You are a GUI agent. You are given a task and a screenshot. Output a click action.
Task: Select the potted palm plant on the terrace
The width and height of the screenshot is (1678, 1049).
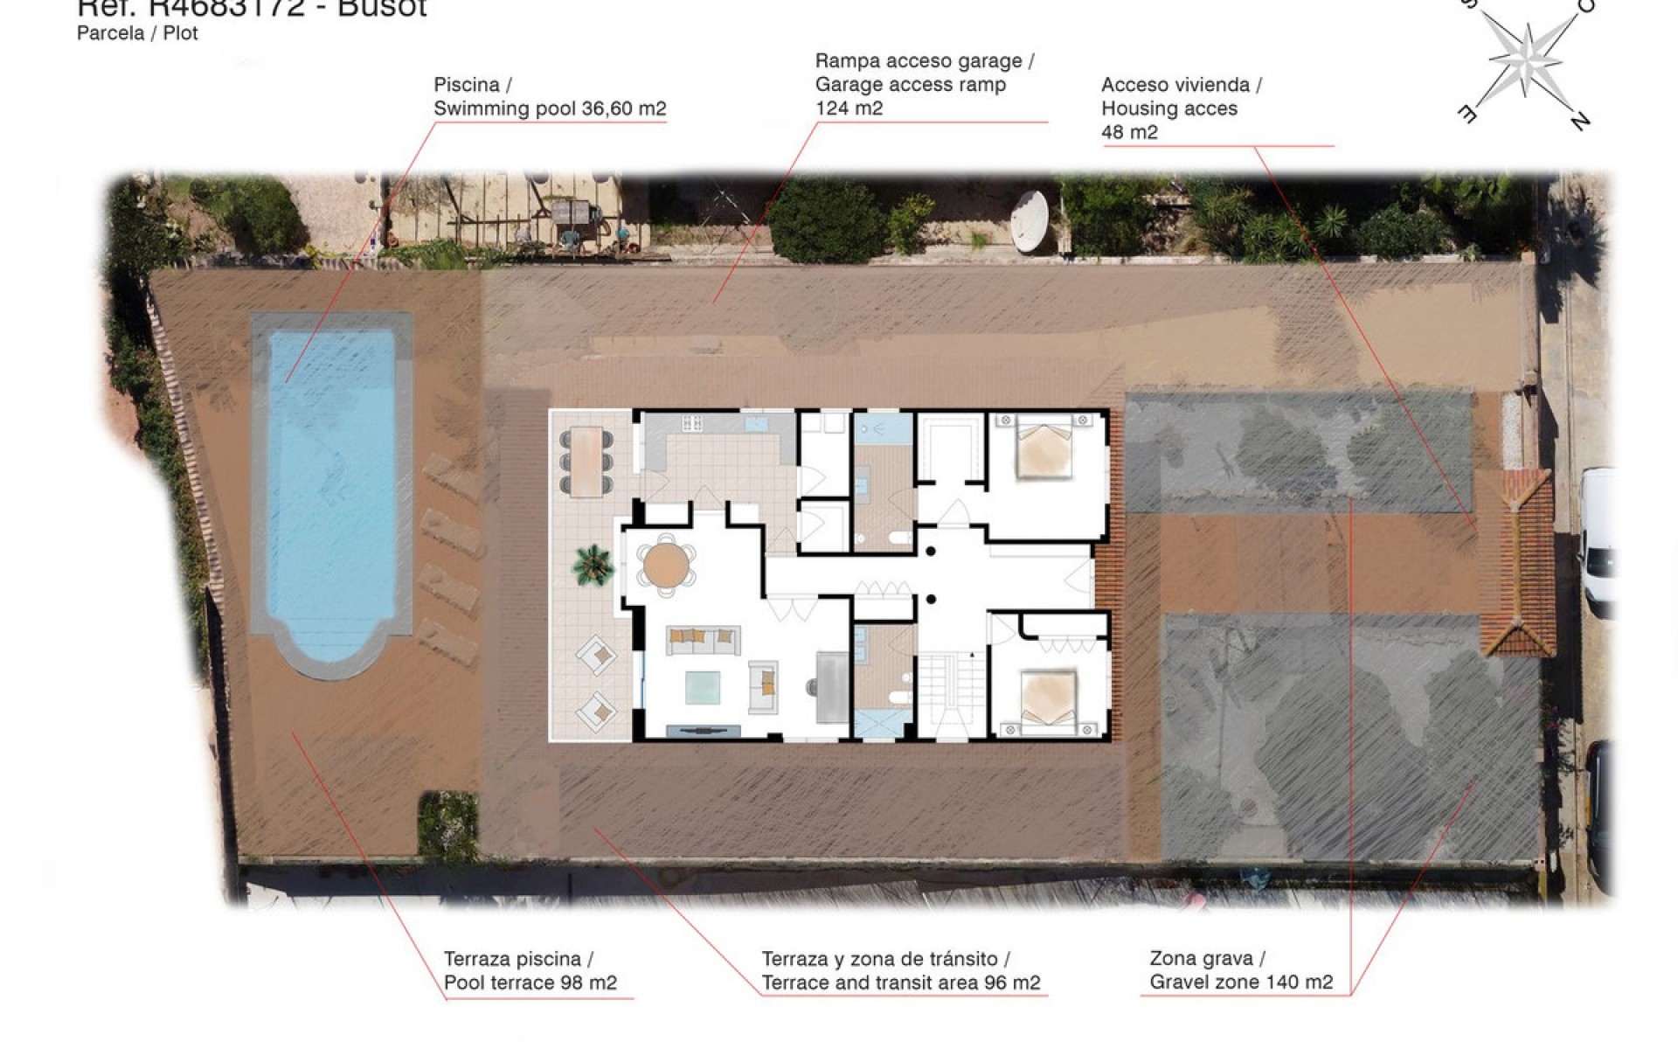[593, 564]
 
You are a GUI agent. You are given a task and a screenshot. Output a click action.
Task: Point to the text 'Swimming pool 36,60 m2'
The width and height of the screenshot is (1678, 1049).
[550, 108]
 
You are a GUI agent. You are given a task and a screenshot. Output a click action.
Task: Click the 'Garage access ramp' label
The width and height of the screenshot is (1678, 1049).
[910, 85]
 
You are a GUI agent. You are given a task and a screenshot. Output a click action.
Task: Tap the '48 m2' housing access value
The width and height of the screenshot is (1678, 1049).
[1129, 132]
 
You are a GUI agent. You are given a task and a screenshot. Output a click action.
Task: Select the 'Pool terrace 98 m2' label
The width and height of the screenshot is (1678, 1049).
[530, 983]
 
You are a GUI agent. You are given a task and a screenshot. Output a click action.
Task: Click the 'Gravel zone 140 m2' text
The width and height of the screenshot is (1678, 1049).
[1241, 982]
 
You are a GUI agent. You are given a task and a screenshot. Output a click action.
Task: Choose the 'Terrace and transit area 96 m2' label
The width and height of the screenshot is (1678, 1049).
[900, 983]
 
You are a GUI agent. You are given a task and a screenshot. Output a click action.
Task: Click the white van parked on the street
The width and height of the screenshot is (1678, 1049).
[1598, 542]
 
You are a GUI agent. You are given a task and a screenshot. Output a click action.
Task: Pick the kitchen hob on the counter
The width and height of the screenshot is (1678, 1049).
[692, 423]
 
